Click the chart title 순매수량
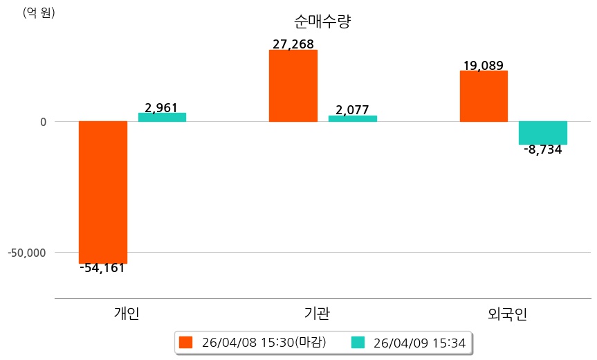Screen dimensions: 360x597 tap(322, 21)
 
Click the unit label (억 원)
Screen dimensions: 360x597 tap(39, 12)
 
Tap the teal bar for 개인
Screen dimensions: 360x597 tap(162, 117)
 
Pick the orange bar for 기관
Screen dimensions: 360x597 tap(293, 86)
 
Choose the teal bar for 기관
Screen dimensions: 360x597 tap(352, 118)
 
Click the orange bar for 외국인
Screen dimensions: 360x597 tap(484, 96)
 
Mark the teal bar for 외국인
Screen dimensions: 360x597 tap(543, 133)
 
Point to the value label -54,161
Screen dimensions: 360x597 tap(102, 268)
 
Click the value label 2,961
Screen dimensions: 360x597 tap(161, 107)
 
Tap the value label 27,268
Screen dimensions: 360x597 tap(293, 44)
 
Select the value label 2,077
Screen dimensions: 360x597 tap(352, 110)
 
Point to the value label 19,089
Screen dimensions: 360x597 tap(483, 66)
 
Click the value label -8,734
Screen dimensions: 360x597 tap(543, 150)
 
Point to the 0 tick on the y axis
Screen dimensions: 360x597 tap(42, 122)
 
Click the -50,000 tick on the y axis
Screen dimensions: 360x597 tap(27, 252)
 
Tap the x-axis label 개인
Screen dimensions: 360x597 tap(127, 314)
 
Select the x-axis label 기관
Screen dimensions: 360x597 tap(317, 314)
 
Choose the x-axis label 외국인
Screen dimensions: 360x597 tap(507, 314)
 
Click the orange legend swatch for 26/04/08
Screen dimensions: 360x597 tap(185, 342)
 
